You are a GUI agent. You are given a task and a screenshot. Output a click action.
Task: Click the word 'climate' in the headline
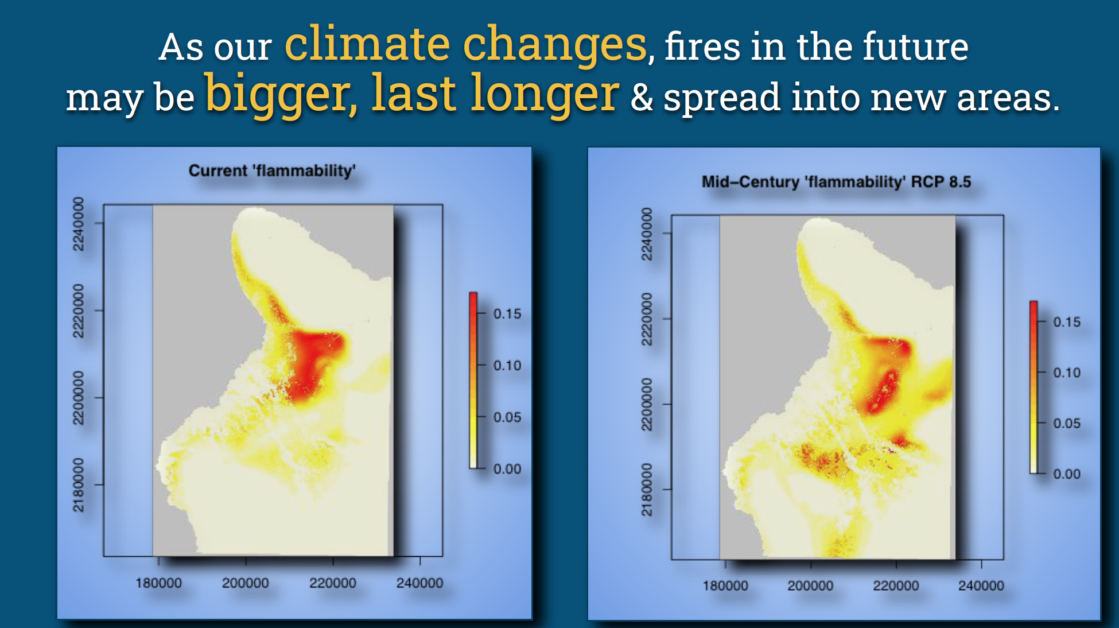click(367, 45)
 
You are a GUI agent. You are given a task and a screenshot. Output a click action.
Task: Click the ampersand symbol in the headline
click(642, 98)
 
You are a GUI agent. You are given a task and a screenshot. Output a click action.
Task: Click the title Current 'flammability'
click(272, 170)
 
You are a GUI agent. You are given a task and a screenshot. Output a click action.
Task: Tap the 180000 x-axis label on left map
click(158, 583)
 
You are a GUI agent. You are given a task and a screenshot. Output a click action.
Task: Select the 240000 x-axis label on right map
click(981, 586)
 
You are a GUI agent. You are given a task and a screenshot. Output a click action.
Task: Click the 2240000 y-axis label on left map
click(78, 224)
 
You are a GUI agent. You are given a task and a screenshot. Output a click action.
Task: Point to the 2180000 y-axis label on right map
click(646, 490)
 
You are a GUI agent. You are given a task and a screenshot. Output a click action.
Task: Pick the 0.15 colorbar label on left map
click(507, 314)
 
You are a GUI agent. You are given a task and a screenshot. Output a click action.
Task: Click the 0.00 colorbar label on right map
click(1067, 474)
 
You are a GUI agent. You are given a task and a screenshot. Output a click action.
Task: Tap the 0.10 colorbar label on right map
click(1067, 373)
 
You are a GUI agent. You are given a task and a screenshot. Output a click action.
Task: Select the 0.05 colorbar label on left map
click(507, 417)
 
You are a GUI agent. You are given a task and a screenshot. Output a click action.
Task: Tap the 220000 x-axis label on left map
click(333, 583)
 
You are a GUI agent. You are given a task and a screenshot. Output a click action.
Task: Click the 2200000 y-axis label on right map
click(646, 404)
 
